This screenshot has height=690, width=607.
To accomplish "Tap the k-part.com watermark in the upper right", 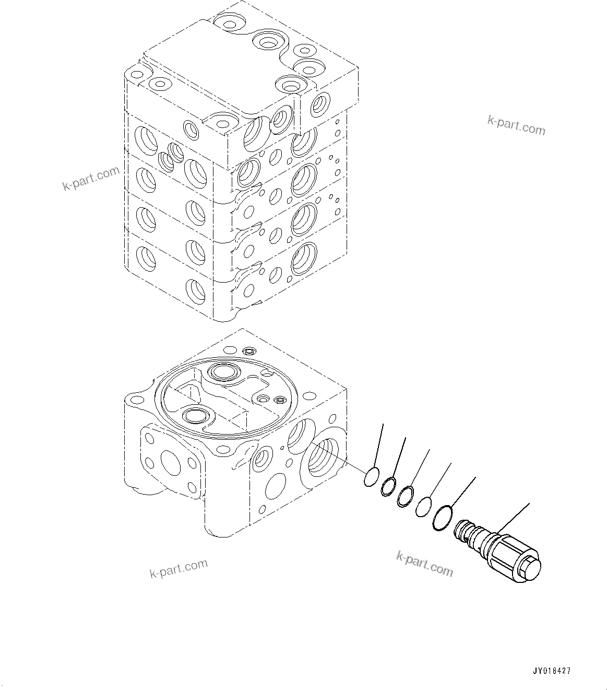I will [x=516, y=125].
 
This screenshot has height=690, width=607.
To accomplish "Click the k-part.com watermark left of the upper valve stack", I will [x=91, y=179].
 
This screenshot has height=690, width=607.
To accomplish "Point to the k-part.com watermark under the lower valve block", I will [x=178, y=568].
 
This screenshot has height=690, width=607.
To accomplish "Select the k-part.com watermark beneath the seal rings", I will [x=424, y=564].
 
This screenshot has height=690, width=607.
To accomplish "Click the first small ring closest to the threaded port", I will [x=371, y=477].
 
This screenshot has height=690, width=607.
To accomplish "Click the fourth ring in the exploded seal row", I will [x=423, y=506].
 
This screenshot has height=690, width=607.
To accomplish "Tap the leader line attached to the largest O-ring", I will [x=463, y=491].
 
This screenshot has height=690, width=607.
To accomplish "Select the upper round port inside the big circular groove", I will [x=223, y=372].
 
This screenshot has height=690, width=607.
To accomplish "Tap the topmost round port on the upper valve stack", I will [x=228, y=22].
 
